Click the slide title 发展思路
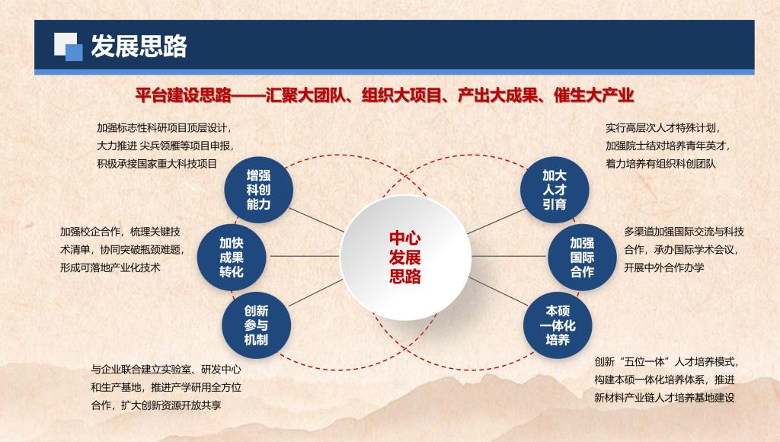click(139, 46)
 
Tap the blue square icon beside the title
click(68, 46)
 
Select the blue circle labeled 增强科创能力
click(259, 190)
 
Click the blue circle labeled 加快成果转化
click(232, 258)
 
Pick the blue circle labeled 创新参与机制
click(256, 325)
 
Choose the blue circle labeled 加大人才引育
click(555, 190)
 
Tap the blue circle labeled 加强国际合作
click(582, 258)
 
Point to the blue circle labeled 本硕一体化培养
click(558, 325)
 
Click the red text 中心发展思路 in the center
click(405, 258)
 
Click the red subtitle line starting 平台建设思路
click(385, 95)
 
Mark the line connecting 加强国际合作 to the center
click(508, 256)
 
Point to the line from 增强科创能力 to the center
click(316, 220)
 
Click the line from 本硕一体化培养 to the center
click(498, 292)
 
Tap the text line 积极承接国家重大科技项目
click(157, 164)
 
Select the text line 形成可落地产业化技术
click(110, 267)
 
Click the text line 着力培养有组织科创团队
click(660, 164)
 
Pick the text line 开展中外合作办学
click(664, 267)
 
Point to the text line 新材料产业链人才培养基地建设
click(664, 398)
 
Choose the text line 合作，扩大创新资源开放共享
click(155, 405)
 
